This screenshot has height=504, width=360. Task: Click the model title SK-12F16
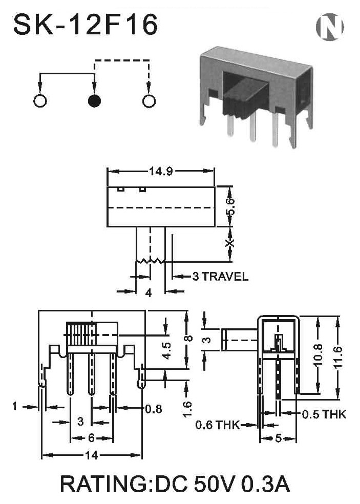click(86, 25)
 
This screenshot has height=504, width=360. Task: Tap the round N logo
click(330, 27)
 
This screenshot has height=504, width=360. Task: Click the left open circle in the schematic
click(40, 100)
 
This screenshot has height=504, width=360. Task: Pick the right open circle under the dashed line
click(149, 100)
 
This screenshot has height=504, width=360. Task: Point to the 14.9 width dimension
click(161, 171)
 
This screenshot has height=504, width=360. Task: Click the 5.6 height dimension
click(231, 207)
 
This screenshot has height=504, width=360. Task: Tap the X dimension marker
click(229, 243)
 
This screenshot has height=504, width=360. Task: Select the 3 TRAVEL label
click(220, 276)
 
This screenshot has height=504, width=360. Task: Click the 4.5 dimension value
click(166, 350)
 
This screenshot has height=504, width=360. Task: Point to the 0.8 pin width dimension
click(154, 409)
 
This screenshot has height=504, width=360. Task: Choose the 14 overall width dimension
click(92, 455)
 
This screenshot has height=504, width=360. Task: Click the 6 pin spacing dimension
click(92, 437)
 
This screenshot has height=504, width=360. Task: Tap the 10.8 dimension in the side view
click(318, 355)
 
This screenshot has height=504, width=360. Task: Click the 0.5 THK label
click(324, 414)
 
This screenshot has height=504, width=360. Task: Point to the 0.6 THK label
click(218, 425)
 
